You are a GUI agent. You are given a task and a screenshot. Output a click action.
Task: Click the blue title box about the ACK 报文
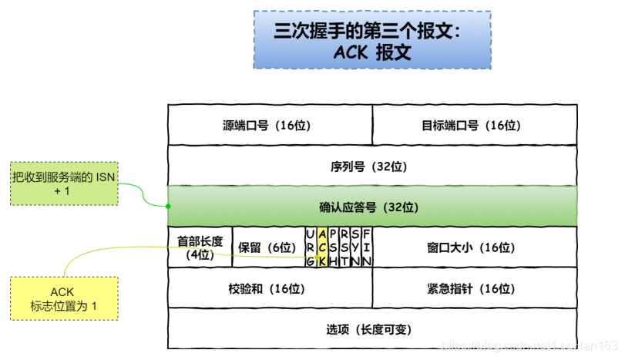pos(371,39)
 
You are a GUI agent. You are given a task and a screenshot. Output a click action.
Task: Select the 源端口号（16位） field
pos(270,125)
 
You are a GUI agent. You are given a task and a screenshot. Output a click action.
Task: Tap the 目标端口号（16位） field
pos(475,125)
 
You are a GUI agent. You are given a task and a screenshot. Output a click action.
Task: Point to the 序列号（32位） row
pos(372,165)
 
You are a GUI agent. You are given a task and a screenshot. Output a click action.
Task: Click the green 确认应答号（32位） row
pos(372,207)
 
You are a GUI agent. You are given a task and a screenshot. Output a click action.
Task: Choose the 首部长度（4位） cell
pos(200,247)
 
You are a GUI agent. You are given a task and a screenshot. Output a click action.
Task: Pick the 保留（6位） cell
pos(267,247)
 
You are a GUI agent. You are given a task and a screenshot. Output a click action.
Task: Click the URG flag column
pos(310,247)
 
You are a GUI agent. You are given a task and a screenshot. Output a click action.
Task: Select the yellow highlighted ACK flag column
pos(321,247)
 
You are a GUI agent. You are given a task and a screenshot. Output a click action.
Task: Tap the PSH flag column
pos(333,247)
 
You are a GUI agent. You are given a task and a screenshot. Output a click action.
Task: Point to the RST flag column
pos(344,247)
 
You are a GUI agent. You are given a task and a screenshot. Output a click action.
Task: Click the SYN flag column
pos(355,247)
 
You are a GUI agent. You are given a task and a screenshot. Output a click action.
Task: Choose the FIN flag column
pos(367,247)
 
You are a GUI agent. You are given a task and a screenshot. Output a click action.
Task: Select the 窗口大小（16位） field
pos(475,247)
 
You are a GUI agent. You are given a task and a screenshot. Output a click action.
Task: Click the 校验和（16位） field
pos(270,288)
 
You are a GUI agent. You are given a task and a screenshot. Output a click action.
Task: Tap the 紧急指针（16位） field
pos(475,288)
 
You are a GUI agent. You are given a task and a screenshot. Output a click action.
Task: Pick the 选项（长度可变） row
pos(372,328)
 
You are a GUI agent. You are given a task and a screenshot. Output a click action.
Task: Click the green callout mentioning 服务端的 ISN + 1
pos(63,183)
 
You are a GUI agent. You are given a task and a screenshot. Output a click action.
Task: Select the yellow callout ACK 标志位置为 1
pos(63,299)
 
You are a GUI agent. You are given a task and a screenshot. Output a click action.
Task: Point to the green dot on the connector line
pos(168,206)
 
